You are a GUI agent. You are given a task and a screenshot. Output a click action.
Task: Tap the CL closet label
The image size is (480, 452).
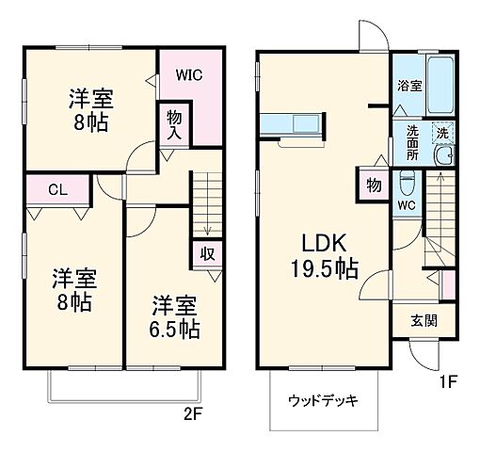pos(56,190)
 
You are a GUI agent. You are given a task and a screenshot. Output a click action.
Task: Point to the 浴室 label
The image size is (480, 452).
pos(409,85)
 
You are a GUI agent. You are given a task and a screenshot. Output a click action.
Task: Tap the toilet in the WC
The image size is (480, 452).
pos(407,179)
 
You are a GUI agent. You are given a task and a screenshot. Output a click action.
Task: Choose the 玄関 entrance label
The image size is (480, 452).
pos(423,320)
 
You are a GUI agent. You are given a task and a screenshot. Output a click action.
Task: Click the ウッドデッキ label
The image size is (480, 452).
pos(322,401)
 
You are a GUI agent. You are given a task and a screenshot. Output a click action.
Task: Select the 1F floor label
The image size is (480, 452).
pos(449,383)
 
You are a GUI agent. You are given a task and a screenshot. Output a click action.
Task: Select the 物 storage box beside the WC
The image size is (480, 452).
pos(374,186)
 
